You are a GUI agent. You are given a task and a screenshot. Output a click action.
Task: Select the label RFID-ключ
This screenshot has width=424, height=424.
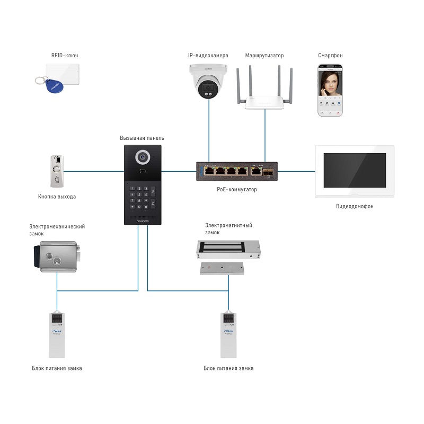[x=64, y=55]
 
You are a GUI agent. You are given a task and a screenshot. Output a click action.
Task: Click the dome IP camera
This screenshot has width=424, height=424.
[x=209, y=81]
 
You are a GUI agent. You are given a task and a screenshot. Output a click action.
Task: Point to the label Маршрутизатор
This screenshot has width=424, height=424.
[x=264, y=55]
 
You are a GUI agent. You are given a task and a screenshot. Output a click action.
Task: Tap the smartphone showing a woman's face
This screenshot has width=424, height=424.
[x=330, y=90]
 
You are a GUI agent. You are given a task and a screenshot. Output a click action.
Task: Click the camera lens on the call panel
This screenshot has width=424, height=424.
[x=142, y=157]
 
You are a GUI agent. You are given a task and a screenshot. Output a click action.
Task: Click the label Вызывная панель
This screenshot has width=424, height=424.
[x=142, y=138]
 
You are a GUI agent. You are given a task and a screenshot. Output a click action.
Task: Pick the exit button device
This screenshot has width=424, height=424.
[x=57, y=171]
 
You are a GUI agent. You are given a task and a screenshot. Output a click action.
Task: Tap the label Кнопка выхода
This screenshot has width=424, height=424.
[x=57, y=197]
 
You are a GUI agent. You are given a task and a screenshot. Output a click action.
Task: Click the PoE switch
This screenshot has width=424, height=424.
[x=236, y=171]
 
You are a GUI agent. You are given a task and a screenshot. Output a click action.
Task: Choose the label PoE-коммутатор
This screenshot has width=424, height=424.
[x=236, y=189]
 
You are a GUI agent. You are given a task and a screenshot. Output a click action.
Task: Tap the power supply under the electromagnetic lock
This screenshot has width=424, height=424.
[x=228, y=334]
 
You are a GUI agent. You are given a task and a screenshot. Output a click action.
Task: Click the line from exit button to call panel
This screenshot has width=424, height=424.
[x=95, y=171]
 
